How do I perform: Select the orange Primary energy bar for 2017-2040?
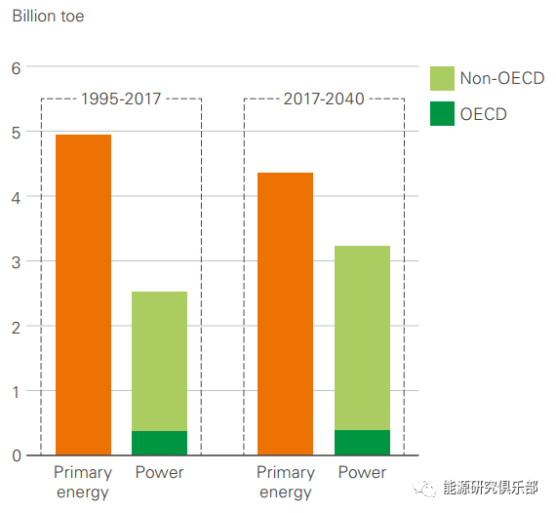coord(285,313)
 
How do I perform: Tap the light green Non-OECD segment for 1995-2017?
coord(159,361)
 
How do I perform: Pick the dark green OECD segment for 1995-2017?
coord(159,443)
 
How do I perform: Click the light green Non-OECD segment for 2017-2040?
coord(362,337)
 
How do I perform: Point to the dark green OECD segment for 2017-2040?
coord(362,443)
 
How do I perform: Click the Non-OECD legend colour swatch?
coord(442,79)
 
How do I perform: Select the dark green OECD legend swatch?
coord(442,113)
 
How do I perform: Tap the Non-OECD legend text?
coord(501,79)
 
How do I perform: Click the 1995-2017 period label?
coord(121,99)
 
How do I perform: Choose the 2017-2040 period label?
coord(324,99)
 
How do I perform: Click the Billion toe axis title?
coord(48,17)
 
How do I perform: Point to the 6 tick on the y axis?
coord(16,67)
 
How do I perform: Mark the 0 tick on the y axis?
coord(16,455)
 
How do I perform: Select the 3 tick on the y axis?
coord(16,261)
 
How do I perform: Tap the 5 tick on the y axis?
coord(16,133)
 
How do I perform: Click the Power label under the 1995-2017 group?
coord(159,473)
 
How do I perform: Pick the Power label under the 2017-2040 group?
coord(362,473)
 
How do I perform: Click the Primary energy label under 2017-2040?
coord(285,482)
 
